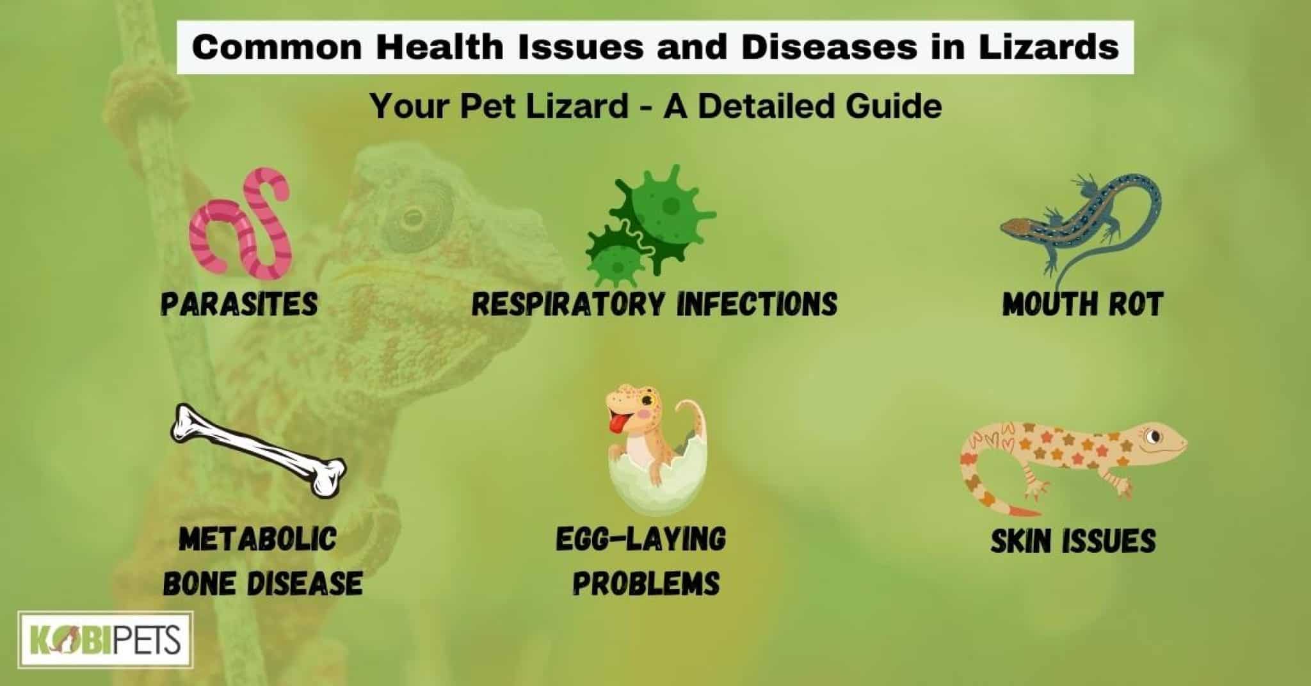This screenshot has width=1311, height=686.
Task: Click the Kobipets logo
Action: (105, 641)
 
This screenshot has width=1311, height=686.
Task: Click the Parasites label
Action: (239, 303)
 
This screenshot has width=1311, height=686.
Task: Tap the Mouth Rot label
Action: (1082, 303)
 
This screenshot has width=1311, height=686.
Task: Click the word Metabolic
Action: (258, 539)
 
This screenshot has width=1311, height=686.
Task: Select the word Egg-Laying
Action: (641, 539)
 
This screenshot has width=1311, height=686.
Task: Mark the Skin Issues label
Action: (1073, 541)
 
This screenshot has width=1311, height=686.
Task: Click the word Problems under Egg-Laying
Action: (646, 583)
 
